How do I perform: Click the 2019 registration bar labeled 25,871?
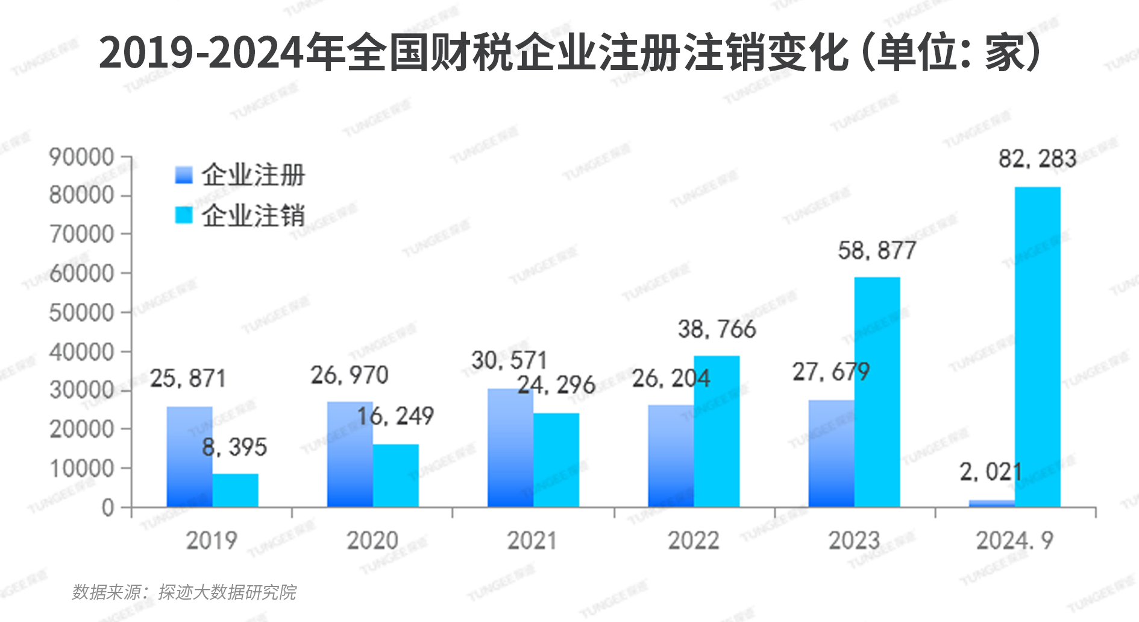point(189,457)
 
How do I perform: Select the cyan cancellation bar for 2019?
point(235,490)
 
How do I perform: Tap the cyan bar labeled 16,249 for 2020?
point(395,475)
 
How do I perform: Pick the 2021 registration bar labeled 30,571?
point(510,448)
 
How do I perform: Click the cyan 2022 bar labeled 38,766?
point(717,431)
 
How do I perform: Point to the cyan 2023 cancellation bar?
point(877,392)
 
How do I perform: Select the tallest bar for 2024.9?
point(1037,347)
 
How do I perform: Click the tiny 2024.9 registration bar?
point(991,503)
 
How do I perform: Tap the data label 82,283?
point(1037,159)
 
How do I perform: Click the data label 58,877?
point(877,250)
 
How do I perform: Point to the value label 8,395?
point(234,447)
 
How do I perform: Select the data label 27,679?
point(830,372)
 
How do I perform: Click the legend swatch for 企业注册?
point(184,175)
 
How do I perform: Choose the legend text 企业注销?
point(253,215)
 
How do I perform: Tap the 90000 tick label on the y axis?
point(81,157)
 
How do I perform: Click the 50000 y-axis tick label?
point(81,313)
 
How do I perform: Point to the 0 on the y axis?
point(108,508)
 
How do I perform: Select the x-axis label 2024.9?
point(1014,541)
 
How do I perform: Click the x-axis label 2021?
point(532,541)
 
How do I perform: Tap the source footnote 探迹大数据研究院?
point(227,592)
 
